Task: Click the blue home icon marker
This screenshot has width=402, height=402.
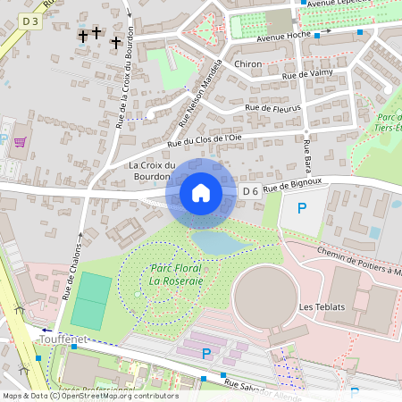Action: (x=201, y=193)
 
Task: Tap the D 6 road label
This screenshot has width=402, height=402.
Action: (x=250, y=191)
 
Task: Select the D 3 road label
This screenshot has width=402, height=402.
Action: (x=31, y=20)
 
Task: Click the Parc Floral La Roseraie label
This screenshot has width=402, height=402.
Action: (x=176, y=274)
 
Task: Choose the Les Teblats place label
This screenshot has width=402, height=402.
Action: (x=320, y=307)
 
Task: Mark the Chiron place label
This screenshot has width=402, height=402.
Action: (x=247, y=64)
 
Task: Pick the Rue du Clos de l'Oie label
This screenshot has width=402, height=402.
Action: (x=204, y=139)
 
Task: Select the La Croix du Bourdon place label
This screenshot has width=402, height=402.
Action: (x=152, y=172)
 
